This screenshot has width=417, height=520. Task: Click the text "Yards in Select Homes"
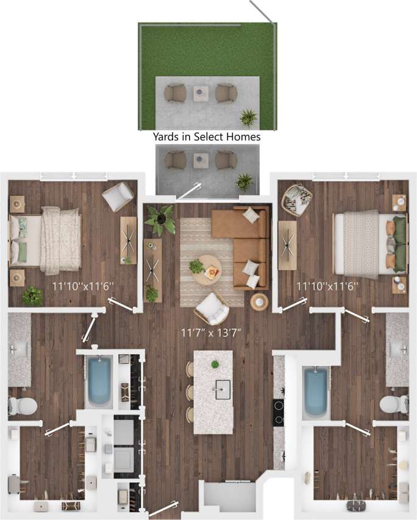(207, 137)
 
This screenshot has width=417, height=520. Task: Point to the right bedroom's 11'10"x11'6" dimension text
(327, 285)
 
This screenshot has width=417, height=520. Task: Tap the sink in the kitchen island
(221, 388)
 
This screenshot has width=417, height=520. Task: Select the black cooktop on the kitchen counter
(278, 411)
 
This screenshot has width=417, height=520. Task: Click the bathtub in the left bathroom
(99, 382)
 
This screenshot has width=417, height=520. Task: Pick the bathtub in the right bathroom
(315, 393)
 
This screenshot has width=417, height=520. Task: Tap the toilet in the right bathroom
(394, 404)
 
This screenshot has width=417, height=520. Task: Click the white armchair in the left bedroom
(118, 196)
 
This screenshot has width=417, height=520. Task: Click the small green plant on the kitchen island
(215, 365)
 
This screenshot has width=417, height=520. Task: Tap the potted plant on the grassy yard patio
(248, 116)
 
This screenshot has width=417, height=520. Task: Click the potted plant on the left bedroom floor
(32, 296)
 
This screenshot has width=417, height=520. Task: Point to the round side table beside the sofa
(260, 301)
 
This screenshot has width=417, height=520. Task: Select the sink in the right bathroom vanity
(399, 349)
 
